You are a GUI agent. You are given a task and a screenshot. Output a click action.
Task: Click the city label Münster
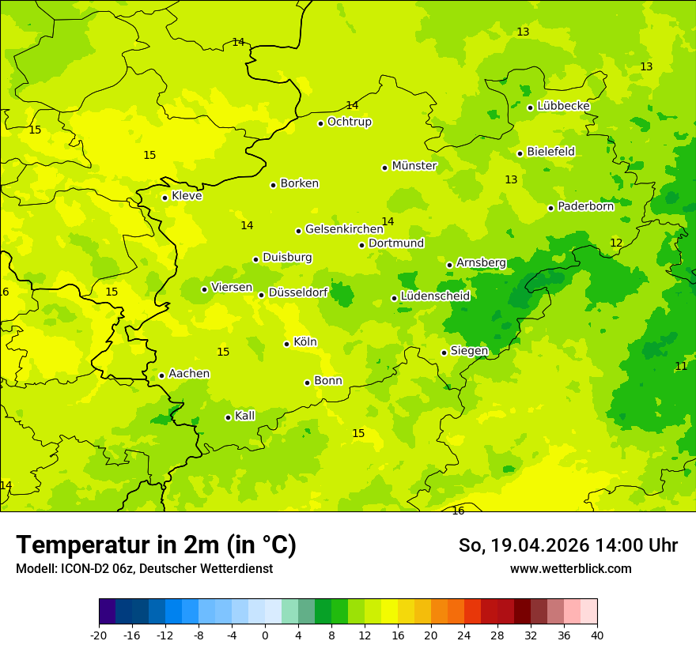(414, 166)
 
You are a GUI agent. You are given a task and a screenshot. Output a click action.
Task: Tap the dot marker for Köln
(286, 344)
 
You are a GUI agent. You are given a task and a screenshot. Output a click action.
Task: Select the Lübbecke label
(563, 106)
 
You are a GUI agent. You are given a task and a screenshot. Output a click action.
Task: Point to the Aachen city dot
(161, 375)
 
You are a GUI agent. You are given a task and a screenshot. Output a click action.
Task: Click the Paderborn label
(585, 206)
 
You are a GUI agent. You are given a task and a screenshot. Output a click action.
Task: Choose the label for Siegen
(469, 351)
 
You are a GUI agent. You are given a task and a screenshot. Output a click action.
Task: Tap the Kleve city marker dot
(165, 198)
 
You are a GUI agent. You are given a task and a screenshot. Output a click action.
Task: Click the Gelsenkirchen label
(344, 229)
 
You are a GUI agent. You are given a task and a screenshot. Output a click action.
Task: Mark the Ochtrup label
(350, 122)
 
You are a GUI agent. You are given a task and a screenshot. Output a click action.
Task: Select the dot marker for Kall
(228, 417)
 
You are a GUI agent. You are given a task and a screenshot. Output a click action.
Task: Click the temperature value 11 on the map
(681, 366)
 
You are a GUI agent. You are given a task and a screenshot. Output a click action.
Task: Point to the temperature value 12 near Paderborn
(616, 243)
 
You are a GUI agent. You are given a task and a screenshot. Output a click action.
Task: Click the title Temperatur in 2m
(156, 545)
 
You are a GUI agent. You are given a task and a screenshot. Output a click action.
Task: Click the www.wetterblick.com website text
(570, 568)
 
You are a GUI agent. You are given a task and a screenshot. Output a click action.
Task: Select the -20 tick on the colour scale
(99, 635)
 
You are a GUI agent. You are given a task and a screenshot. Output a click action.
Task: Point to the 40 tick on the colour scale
(597, 635)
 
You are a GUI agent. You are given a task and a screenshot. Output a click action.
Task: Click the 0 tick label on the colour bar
(265, 635)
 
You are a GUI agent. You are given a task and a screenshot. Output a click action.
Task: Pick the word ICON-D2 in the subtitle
(83, 568)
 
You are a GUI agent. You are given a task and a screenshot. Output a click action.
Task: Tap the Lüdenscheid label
(435, 296)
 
